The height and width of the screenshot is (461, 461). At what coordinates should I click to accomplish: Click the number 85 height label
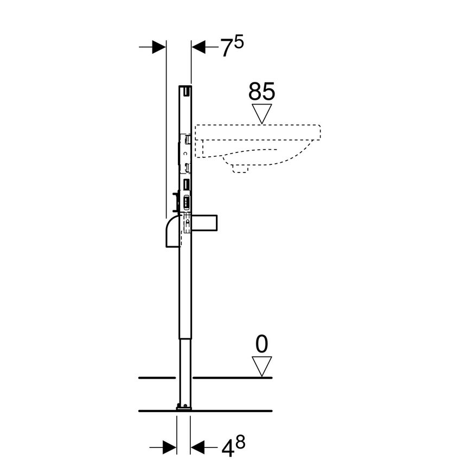(x=262, y=91)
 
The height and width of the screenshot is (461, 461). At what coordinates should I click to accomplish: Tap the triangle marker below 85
(x=262, y=113)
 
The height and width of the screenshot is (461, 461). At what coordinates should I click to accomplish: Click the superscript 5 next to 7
(x=239, y=42)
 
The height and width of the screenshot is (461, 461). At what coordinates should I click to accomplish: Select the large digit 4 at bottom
(x=226, y=448)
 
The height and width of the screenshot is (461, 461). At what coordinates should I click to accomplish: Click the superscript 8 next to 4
(x=240, y=440)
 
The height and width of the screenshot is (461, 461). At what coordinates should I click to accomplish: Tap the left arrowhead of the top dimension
(x=158, y=47)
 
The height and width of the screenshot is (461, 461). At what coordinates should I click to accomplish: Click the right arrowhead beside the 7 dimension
(x=199, y=47)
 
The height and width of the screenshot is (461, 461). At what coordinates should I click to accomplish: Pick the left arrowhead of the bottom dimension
(x=170, y=447)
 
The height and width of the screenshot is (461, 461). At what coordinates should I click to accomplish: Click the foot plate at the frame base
(x=184, y=406)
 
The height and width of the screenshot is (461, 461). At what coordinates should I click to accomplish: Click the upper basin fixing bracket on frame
(x=187, y=139)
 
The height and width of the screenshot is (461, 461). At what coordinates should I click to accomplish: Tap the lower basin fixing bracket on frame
(x=187, y=167)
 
